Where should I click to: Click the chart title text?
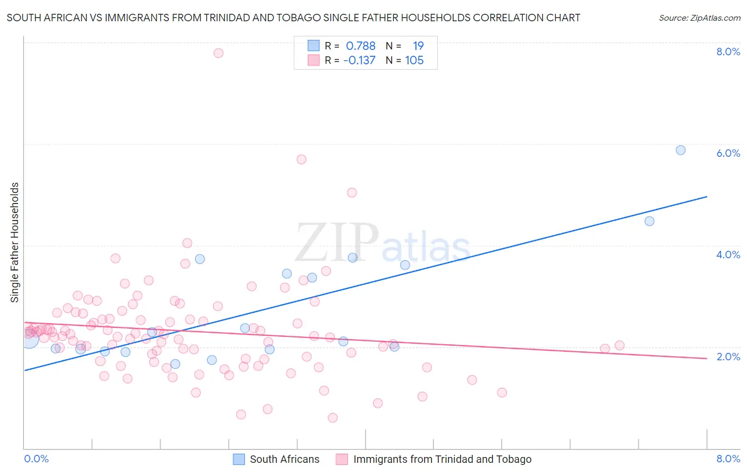(x=293, y=18)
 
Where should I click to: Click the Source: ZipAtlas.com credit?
(x=699, y=18)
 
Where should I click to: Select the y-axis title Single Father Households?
(x=14, y=242)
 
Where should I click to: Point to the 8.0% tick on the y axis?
(x=728, y=52)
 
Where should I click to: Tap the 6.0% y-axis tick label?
(x=728, y=153)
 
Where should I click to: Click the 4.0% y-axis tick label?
(x=728, y=255)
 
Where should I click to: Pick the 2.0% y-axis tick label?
(x=728, y=357)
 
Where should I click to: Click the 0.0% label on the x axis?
(x=37, y=459)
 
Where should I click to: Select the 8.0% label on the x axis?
(x=728, y=459)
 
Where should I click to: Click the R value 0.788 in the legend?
(x=361, y=46)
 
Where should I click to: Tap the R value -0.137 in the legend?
(x=359, y=60)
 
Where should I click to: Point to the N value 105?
(x=414, y=60)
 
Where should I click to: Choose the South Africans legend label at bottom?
(x=284, y=459)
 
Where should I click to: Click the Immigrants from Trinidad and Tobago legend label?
(x=442, y=459)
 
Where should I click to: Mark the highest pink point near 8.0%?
(x=218, y=53)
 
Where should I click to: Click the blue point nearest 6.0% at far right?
(x=681, y=150)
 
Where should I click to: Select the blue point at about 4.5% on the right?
(x=649, y=221)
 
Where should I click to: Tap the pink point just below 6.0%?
(x=301, y=159)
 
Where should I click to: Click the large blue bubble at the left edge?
(x=30, y=338)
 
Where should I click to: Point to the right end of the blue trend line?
(x=707, y=197)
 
